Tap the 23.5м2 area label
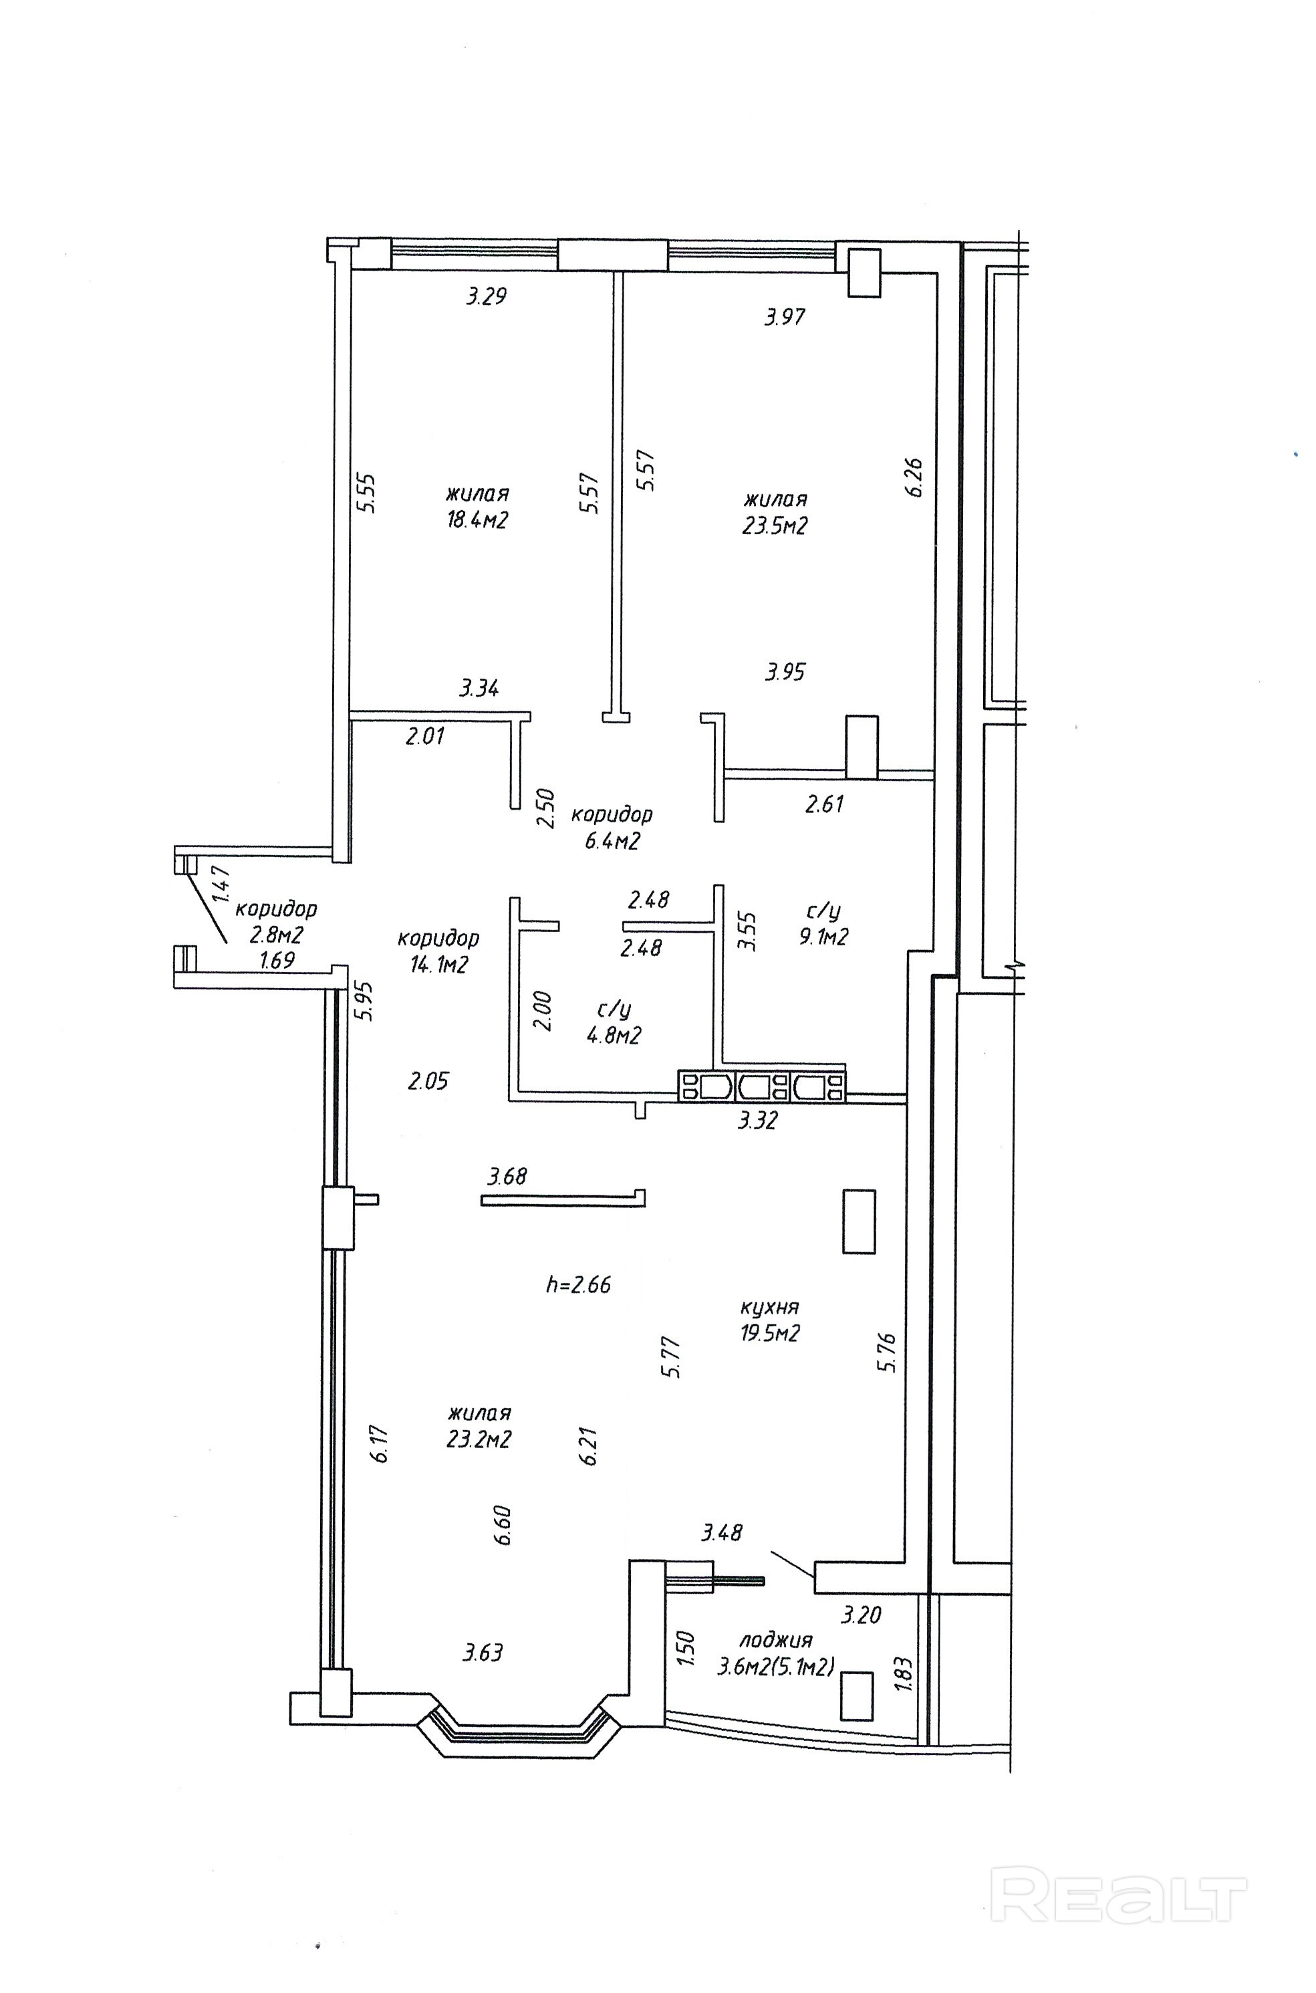pos(775,525)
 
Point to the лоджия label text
pos(775,1639)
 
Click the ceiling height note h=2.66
pos(578,1284)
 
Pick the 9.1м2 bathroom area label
pos(823,937)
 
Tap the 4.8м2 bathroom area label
pos(614,1035)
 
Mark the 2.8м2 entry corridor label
pos(276,935)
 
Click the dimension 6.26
pos(914,477)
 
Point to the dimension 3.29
pos(487,296)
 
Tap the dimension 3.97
pos(785,316)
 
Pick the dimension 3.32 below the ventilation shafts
pos(757,1120)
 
